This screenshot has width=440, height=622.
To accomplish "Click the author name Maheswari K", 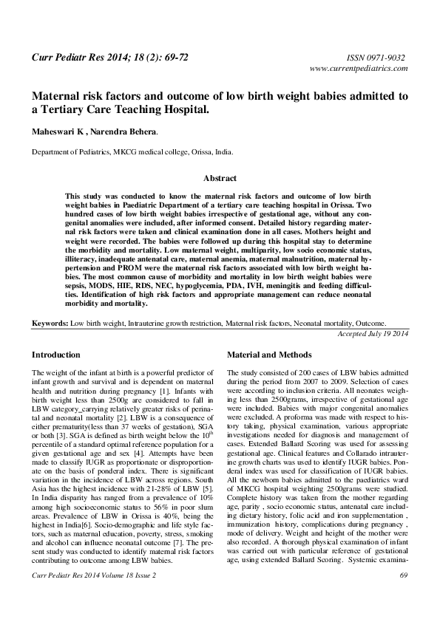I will pos(56,131).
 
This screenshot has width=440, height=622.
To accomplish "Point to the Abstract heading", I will pos(220,179).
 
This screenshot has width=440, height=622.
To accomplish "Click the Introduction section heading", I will pos(55,355).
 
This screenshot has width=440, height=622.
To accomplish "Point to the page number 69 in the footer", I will pos(403,595).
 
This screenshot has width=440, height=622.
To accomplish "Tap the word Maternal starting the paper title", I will pos(55,96).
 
